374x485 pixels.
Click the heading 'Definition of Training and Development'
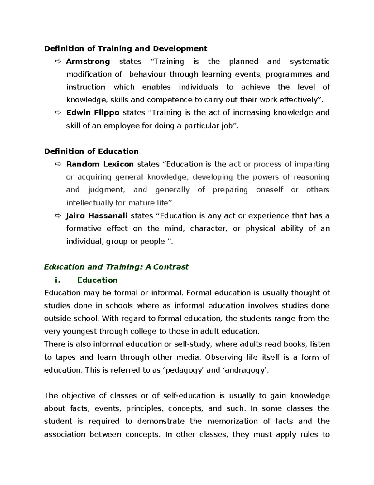pos(126,49)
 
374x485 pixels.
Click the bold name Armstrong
pos(88,62)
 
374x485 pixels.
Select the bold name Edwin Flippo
pos(93,113)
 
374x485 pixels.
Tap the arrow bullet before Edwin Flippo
pos(58,113)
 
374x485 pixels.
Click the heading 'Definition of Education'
pos(91,151)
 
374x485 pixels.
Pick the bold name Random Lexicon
pos(100,164)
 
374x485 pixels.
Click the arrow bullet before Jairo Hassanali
pos(58,216)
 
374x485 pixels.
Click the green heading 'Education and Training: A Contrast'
pos(116,267)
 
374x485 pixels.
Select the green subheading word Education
pos(97,280)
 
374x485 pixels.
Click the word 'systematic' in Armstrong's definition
pos(309,62)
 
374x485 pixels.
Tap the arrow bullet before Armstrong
pos(58,62)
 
